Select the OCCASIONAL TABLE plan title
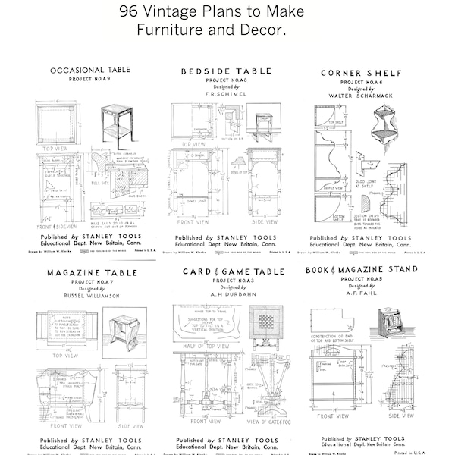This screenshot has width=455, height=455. click(90, 71)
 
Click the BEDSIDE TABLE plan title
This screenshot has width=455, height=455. click(226, 71)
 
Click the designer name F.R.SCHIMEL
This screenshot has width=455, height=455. click(226, 95)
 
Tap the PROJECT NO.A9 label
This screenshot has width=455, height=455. click(90, 79)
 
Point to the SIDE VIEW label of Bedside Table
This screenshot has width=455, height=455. click(264, 201)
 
